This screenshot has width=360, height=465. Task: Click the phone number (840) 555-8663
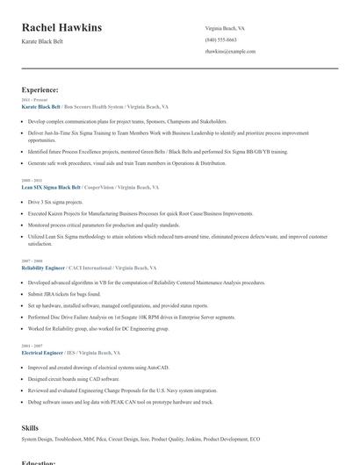coord(220,39)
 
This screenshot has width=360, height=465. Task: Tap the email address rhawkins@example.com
coord(230,51)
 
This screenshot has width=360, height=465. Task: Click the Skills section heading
coord(30,426)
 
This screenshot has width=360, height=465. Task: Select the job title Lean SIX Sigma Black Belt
coord(51,187)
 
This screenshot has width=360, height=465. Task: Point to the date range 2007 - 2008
coord(31,261)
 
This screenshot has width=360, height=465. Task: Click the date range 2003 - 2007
coord(31,345)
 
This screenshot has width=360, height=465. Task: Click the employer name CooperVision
coord(98,187)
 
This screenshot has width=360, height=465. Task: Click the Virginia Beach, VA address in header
coord(227,28)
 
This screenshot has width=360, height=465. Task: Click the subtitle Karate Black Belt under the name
coord(41,42)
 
